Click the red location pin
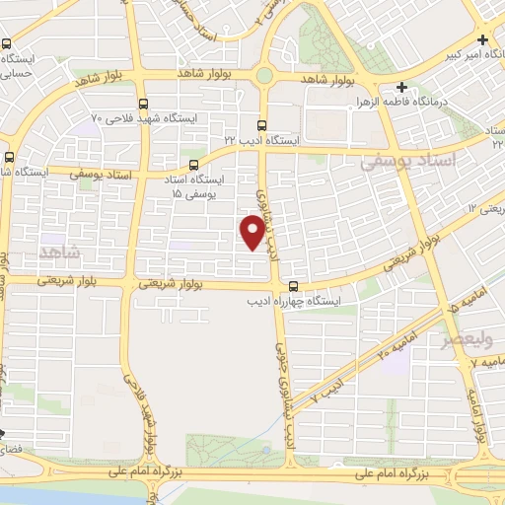[x=253, y=233]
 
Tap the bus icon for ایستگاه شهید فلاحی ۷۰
[x=144, y=104]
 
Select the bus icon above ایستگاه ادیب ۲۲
[x=261, y=125]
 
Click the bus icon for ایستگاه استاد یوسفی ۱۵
[x=193, y=166]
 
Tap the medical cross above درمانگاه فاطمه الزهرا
[x=402, y=88]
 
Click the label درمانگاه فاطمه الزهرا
[x=399, y=103]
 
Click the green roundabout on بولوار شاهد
[x=264, y=75]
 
